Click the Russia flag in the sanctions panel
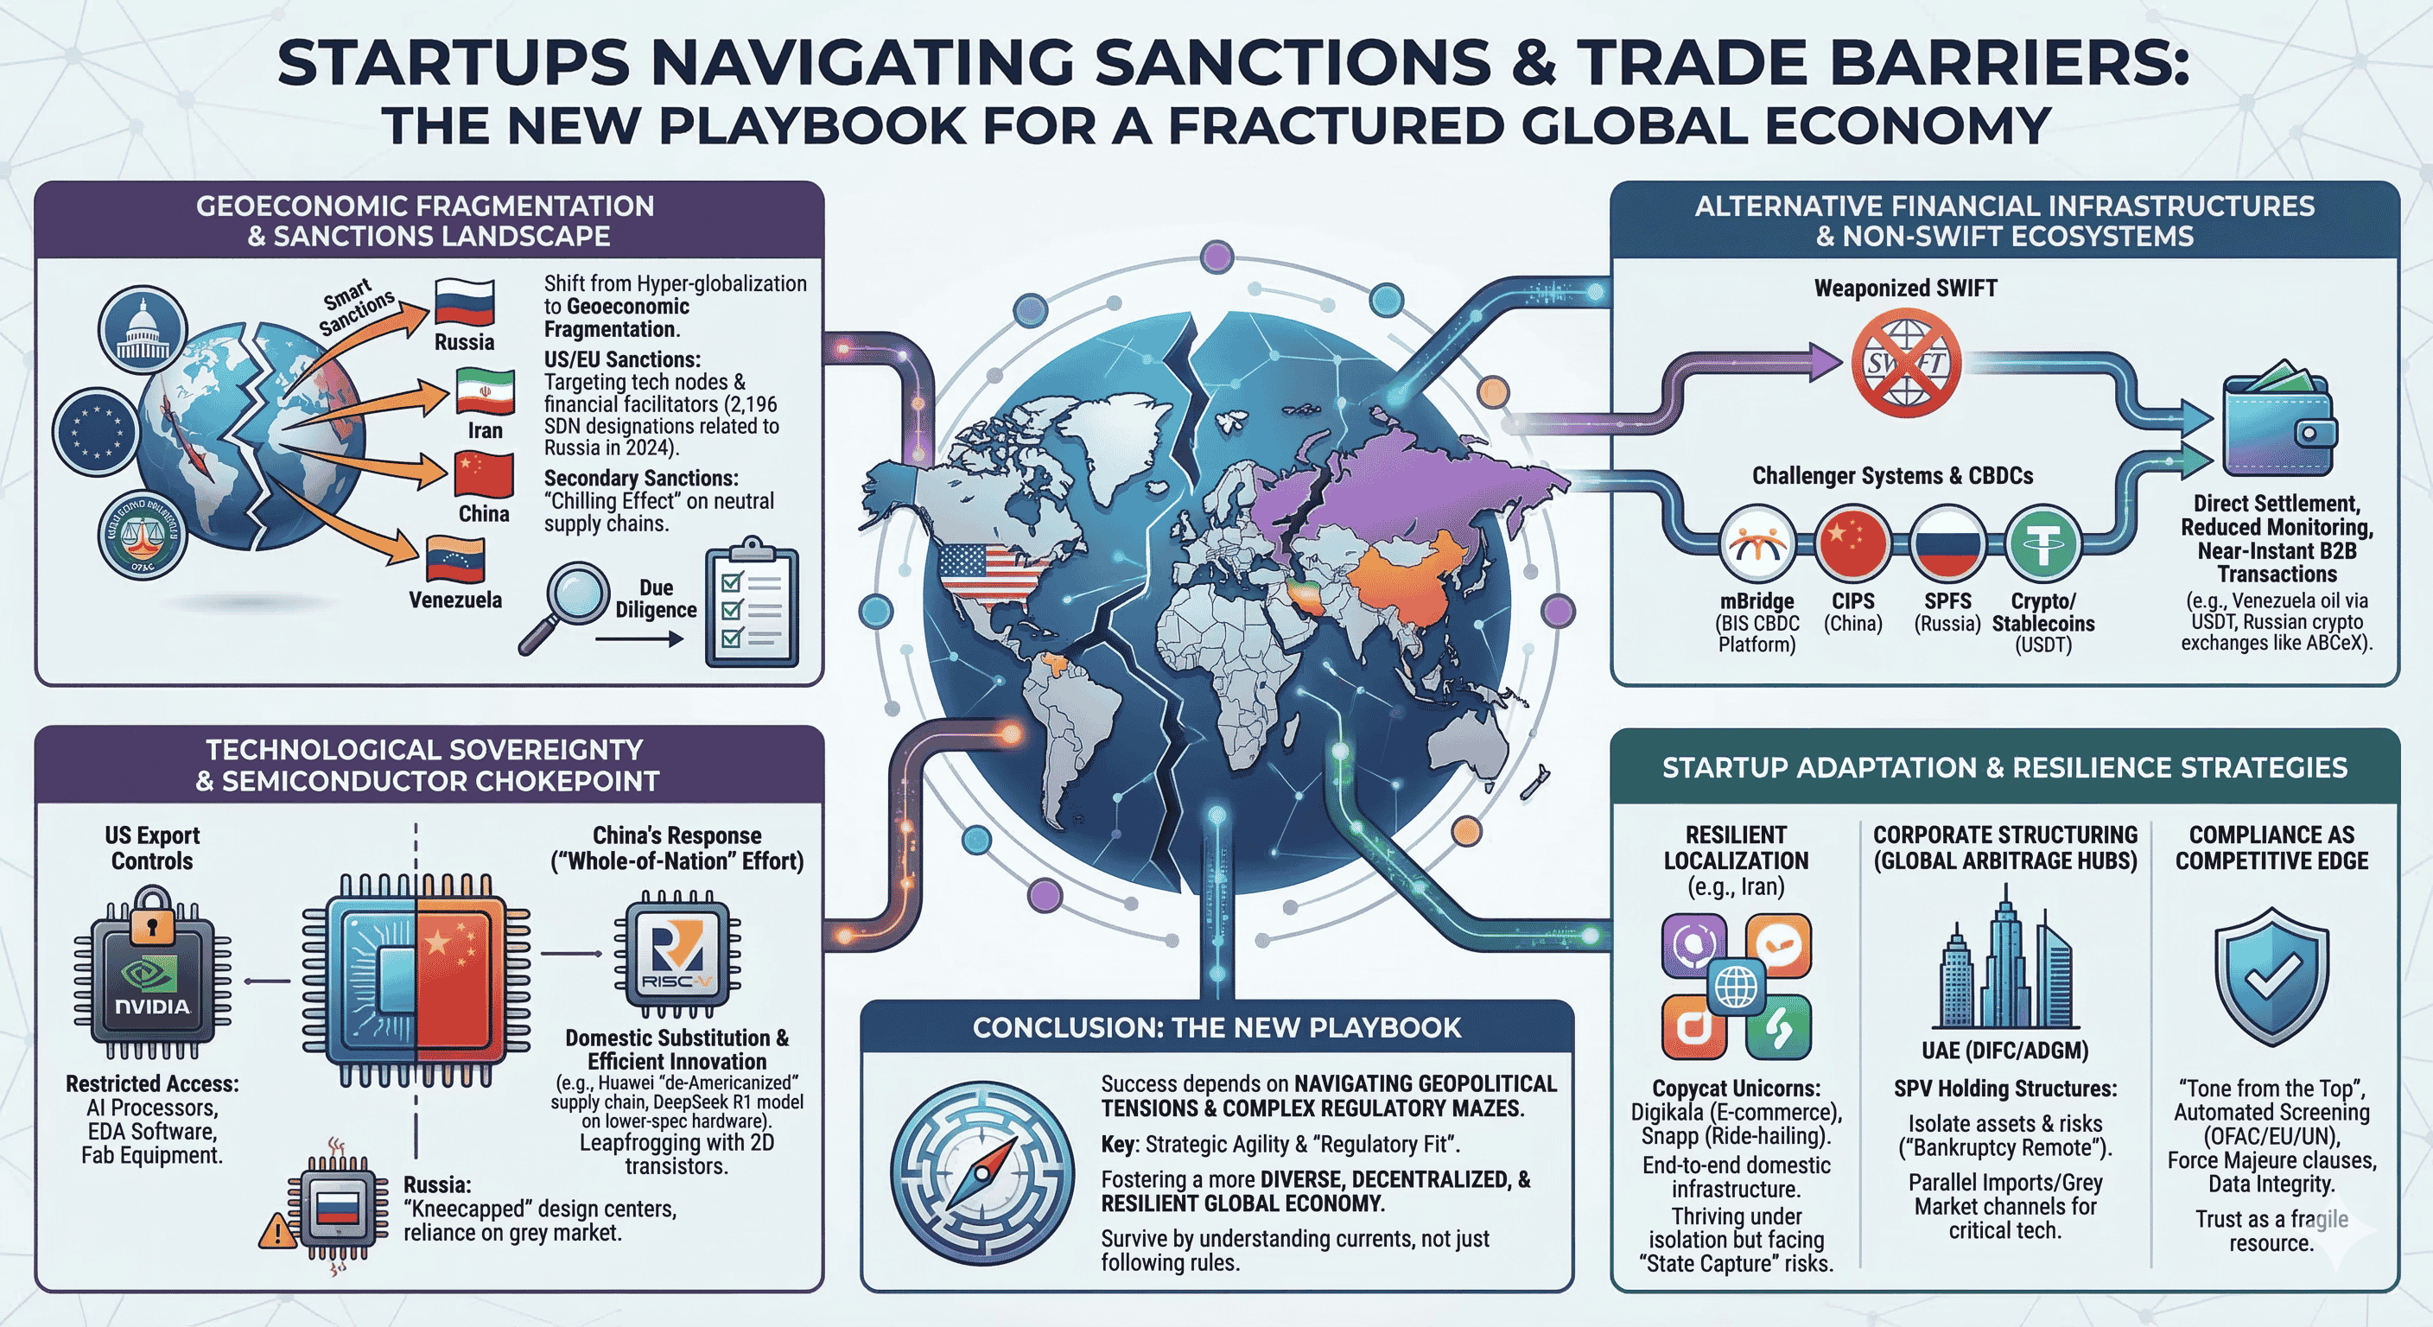pyautogui.click(x=465, y=302)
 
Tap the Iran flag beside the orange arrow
pyautogui.click(x=485, y=392)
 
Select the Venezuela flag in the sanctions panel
pyautogui.click(x=455, y=559)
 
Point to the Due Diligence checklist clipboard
pyautogui.click(x=752, y=604)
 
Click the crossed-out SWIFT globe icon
pyautogui.click(x=1906, y=364)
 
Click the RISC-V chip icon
pyautogui.click(x=677, y=954)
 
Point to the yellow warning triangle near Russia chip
pyautogui.click(x=276, y=1230)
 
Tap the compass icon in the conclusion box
pyautogui.click(x=982, y=1174)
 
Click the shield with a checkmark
pyautogui.click(x=2271, y=976)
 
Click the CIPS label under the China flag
pyautogui.click(x=1853, y=600)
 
